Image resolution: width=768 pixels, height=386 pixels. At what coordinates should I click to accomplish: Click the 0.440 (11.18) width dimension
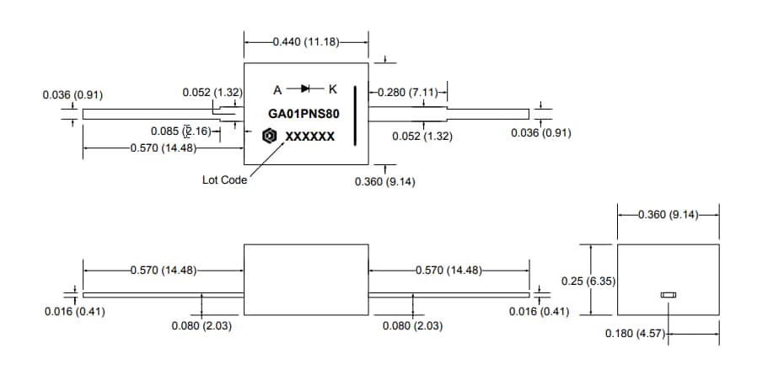(305, 40)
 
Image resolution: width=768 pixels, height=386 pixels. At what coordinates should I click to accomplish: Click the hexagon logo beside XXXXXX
(270, 136)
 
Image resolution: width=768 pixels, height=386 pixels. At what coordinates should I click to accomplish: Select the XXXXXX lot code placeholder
(309, 137)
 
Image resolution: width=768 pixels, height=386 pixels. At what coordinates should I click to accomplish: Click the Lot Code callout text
(224, 180)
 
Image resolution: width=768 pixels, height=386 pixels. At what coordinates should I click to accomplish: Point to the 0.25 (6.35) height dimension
(589, 280)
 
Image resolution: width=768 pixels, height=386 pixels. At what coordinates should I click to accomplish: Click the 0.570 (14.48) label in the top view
(164, 148)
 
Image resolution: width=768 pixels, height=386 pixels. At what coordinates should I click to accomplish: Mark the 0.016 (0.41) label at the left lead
(74, 312)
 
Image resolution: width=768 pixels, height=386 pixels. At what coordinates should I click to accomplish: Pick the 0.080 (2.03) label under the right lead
(413, 325)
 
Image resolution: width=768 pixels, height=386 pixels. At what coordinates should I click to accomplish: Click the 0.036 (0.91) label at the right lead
(541, 132)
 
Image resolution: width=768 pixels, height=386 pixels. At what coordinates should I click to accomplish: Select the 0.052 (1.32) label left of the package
(212, 92)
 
